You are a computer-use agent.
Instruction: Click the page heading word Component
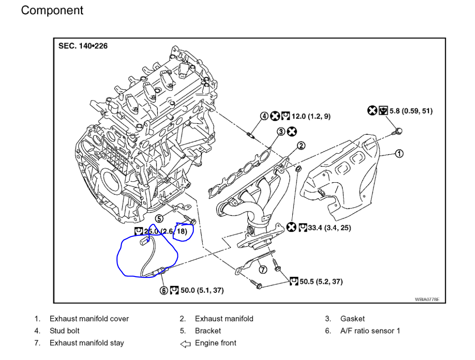52,11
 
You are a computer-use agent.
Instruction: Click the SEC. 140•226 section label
83,46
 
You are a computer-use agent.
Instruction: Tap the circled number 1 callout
399,153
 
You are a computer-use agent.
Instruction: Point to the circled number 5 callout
159,218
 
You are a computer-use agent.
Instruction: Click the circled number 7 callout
263,270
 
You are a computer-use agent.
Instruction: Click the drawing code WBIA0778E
427,300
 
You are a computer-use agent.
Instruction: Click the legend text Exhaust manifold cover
89,319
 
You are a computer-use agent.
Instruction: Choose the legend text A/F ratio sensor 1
370,331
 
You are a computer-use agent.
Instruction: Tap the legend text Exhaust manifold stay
87,343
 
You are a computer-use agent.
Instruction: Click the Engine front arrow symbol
185,343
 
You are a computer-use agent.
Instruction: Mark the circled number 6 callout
164,290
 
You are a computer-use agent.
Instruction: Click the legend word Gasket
352,319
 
